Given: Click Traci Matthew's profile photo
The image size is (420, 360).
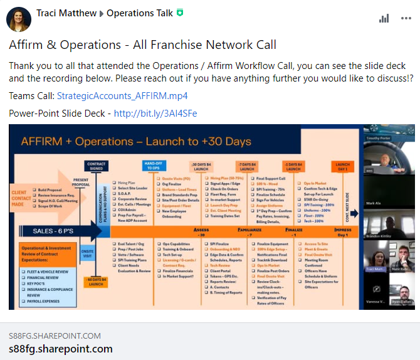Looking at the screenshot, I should coord(19,19).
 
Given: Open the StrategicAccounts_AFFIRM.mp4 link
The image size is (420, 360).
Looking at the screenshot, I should coord(122,96).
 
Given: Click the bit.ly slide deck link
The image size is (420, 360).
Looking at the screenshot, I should coord(155,114).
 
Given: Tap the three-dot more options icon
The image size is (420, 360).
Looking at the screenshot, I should coord(406,19).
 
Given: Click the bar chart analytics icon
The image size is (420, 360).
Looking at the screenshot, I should coord(384,19).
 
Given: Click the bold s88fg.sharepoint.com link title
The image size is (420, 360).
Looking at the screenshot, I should coord(61,349).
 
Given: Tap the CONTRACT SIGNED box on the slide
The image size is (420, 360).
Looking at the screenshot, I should coord(96,166).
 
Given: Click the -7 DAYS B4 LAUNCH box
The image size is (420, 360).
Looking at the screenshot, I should coord(247,167).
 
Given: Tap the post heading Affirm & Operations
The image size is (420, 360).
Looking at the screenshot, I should coord(142,45).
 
